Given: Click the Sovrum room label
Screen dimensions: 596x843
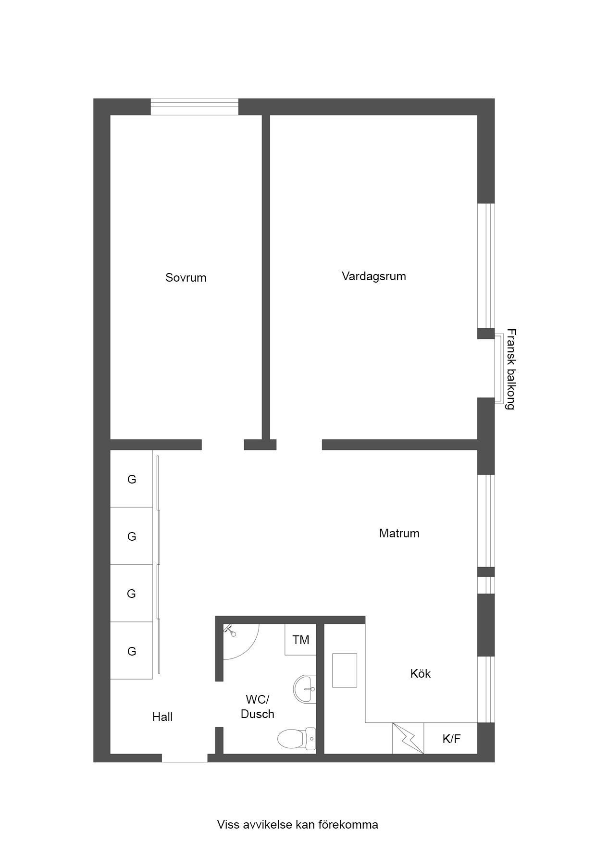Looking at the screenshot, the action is coord(186,277).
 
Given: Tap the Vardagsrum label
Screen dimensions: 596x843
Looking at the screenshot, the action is coord(373,276).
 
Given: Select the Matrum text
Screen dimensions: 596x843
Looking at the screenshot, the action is coord(399,533).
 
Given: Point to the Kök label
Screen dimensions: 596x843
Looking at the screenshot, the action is coord(420,673).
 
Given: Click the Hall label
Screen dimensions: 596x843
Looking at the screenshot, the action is coord(162,717).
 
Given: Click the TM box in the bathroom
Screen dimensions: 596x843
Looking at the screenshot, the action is coord(300,640).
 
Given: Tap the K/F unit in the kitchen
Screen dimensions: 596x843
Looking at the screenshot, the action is coord(451,739).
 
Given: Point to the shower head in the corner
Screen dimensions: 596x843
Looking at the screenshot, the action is coord(230,630).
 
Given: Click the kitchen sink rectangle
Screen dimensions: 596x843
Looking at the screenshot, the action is coord(345,670).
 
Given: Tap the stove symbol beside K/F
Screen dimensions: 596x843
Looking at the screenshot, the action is coord(408,738).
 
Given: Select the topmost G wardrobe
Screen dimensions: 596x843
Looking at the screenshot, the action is coord(131,479).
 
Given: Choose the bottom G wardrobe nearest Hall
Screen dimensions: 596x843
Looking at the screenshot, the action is coord(131,651).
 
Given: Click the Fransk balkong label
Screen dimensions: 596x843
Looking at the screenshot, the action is coord(511,369).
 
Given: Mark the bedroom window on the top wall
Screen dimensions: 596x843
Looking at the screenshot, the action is coord(195,107).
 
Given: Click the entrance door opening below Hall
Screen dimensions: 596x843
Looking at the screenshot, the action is coord(185,758).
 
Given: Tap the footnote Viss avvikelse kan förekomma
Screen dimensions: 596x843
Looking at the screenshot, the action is coord(298,825).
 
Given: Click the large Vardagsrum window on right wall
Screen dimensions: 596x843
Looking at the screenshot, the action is coord(486,266).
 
